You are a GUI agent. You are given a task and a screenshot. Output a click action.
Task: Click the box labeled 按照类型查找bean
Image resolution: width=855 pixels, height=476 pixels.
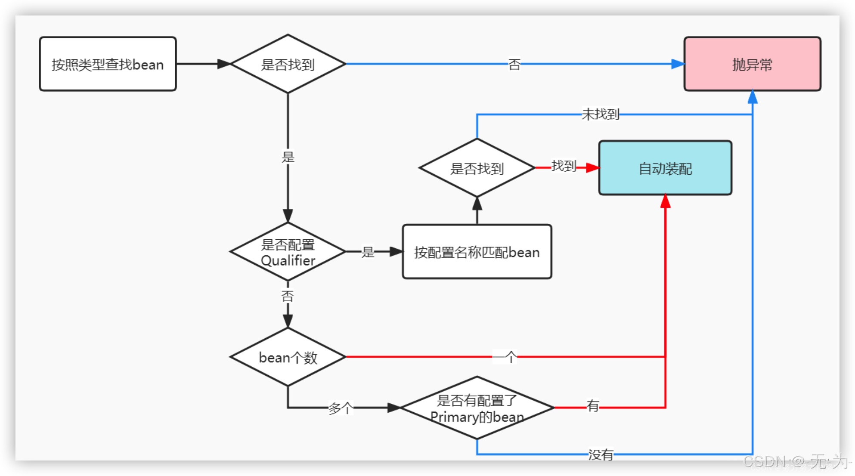(108, 64)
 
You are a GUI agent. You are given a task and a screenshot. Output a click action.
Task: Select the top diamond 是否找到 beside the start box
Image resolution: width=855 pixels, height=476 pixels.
(288, 64)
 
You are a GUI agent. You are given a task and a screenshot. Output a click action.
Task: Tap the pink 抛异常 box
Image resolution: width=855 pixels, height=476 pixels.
(752, 64)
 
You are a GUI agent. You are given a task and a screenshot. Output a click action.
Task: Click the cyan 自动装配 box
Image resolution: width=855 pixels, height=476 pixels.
(665, 168)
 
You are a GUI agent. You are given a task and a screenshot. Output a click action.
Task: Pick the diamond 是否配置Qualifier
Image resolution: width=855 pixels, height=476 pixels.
(288, 252)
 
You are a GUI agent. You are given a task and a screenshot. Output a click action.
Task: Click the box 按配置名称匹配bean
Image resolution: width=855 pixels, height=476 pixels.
(477, 252)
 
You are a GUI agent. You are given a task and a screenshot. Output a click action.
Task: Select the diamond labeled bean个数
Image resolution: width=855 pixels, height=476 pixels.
(288, 357)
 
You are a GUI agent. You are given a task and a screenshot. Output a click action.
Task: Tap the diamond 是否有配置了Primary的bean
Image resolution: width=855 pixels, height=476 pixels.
(477, 408)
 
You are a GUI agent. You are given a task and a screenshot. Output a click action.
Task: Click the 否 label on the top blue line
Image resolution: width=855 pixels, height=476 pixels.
(514, 65)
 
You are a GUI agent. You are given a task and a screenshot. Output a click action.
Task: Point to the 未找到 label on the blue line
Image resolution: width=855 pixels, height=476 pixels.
(600, 114)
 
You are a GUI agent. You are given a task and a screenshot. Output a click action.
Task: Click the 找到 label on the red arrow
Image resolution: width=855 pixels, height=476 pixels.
(564, 166)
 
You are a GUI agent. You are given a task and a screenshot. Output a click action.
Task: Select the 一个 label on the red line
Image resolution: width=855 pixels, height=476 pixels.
(505, 357)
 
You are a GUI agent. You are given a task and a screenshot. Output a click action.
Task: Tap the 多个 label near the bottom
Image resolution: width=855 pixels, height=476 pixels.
(341, 408)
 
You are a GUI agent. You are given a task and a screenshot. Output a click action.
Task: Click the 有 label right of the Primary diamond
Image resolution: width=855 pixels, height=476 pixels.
(593, 406)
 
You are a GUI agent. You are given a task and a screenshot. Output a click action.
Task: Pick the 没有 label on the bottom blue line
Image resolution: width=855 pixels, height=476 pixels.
(601, 454)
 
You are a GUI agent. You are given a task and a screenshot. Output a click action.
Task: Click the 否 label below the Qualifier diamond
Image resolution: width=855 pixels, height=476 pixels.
(288, 296)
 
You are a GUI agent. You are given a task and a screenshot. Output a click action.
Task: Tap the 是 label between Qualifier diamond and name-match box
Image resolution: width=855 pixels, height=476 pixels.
(368, 252)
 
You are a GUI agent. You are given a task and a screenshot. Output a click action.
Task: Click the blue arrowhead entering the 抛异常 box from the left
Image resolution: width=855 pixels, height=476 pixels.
(678, 64)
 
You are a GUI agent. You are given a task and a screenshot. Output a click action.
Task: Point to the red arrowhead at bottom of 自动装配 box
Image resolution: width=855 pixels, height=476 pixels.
(665, 201)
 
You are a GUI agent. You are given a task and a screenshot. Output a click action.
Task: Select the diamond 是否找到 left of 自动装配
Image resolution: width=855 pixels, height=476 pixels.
(477, 168)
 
